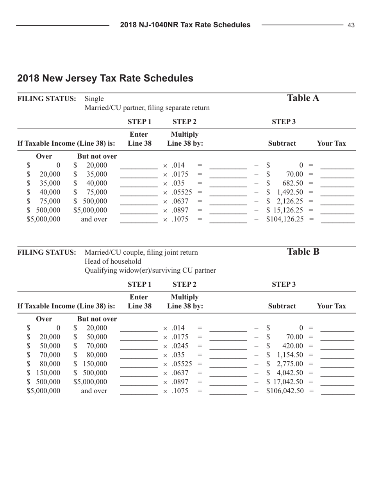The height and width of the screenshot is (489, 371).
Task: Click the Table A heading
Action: click(x=303, y=98)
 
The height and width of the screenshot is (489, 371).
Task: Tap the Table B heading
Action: click(x=303, y=252)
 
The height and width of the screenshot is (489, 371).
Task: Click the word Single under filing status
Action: click(x=94, y=98)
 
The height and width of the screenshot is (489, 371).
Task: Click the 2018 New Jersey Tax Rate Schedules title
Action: click(x=105, y=78)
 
